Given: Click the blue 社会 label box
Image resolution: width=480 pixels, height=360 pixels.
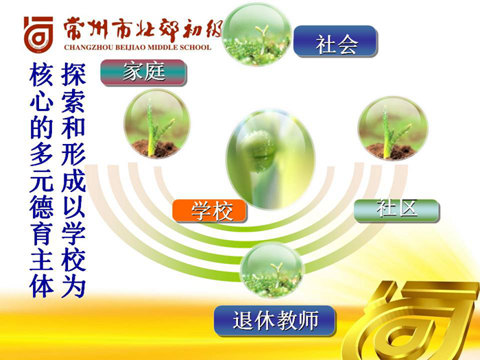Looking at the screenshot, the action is pos(335,41).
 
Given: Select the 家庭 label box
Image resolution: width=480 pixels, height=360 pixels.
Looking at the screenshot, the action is pos(143,73).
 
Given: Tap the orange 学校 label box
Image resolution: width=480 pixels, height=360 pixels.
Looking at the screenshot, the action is pos(209,211).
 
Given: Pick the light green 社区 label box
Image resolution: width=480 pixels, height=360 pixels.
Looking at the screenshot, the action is pos(397,211).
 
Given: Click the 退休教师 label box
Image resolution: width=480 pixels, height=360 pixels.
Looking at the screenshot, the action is pos(274,320).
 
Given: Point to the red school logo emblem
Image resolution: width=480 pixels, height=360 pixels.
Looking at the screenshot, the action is pos(38,34).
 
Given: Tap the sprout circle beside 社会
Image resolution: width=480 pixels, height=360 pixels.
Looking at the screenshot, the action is pos(257,34).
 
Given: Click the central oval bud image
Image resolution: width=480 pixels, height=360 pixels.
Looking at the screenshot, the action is pos(270,159).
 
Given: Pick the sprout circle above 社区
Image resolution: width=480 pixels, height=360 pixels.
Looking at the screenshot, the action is pos(393,128).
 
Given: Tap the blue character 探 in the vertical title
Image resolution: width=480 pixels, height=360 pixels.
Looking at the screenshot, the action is pos(73,75).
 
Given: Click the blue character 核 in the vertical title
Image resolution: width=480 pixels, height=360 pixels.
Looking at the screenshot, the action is pos(41,75).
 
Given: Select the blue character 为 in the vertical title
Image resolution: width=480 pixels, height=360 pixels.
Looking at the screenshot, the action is pos(73,287).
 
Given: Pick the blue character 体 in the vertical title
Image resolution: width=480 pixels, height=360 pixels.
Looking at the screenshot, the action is pos(41,287).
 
